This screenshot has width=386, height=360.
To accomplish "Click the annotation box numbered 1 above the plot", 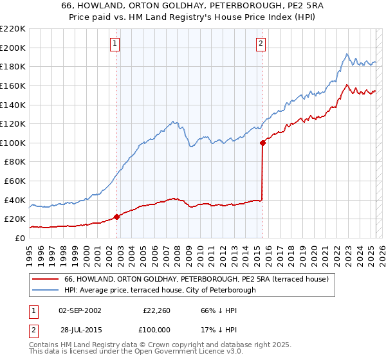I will (x=115, y=44).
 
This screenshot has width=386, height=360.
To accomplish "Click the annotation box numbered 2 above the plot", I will (x=261, y=44).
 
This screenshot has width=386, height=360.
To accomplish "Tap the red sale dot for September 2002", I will (x=116, y=217).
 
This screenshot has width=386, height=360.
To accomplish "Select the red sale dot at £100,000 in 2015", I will (x=263, y=143).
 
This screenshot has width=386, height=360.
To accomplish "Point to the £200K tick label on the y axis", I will (x=13, y=48).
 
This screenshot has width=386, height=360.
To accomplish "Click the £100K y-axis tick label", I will (x=13, y=143).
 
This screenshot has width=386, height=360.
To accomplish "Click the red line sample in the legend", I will (x=46, y=279).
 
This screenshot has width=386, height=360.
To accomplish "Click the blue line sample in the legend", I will (x=46, y=290).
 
